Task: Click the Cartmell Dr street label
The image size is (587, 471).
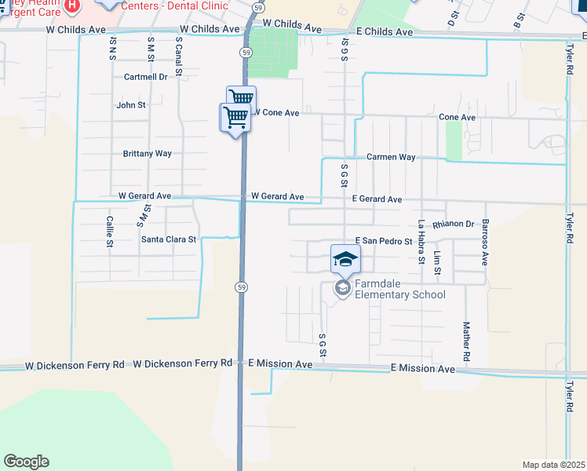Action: (x=146, y=77)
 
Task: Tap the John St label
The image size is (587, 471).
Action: (x=131, y=105)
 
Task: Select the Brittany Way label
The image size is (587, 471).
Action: (x=147, y=154)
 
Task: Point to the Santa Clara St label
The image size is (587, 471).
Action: (x=168, y=239)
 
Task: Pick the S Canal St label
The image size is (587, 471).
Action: (x=179, y=57)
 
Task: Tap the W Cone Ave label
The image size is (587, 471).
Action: (x=276, y=113)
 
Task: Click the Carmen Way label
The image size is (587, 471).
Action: (x=391, y=157)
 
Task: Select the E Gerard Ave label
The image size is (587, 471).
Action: (x=377, y=200)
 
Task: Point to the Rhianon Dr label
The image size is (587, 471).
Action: (x=459, y=225)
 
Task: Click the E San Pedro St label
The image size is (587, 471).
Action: (x=384, y=241)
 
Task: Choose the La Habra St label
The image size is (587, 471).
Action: (x=421, y=241)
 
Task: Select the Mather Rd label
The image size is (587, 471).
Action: (x=466, y=341)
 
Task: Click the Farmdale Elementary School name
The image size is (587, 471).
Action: (x=399, y=289)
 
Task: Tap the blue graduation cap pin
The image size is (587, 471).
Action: (x=345, y=257)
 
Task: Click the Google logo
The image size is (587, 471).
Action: (x=26, y=462)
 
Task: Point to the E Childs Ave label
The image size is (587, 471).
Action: (x=384, y=32)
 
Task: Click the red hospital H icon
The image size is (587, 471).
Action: (x=72, y=6)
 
